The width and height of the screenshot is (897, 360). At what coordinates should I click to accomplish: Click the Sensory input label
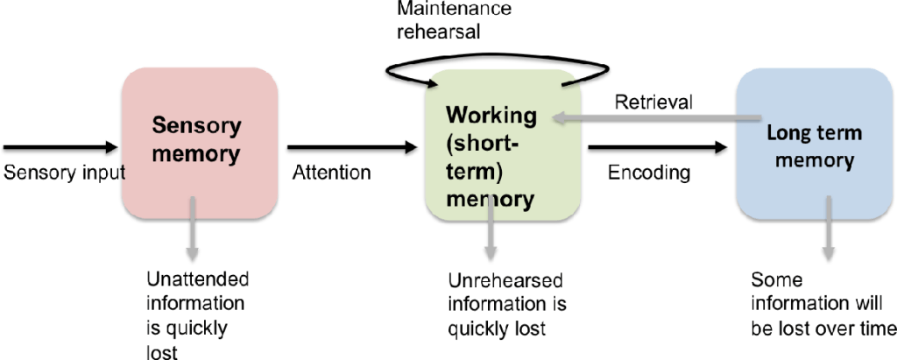[65, 173]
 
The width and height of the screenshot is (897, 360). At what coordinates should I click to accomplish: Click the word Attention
[331, 173]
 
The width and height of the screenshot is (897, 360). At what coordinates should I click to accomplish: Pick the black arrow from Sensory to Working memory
[350, 147]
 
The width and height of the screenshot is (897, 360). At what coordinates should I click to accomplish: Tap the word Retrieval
[653, 102]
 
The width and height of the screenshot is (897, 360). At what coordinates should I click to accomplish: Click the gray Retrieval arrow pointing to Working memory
[648, 122]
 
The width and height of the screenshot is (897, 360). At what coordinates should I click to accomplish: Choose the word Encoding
[648, 173]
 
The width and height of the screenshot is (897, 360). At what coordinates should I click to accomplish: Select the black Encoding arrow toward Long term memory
[657, 147]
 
